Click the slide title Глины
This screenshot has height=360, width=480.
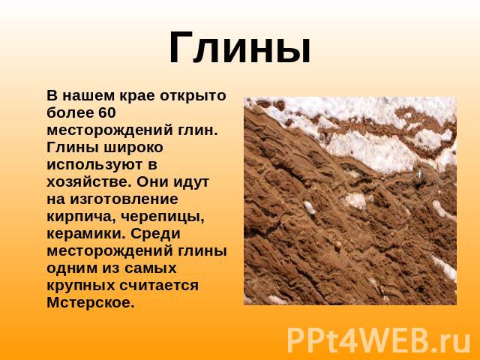point(240,48)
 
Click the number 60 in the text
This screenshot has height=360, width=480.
point(107,112)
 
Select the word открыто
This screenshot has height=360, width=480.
point(193,96)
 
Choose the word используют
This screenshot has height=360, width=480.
point(94,165)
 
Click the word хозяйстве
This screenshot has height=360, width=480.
point(87,182)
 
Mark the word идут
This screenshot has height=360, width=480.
point(192,182)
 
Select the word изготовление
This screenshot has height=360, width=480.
point(124,199)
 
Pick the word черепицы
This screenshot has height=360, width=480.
point(162,217)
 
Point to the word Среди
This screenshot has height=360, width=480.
point(155,233)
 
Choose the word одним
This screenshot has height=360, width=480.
point(71,268)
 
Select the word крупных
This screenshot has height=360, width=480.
point(80,286)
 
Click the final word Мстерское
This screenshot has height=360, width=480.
point(90,303)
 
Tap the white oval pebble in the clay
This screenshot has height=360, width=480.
point(310,208)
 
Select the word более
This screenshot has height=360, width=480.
point(70,112)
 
